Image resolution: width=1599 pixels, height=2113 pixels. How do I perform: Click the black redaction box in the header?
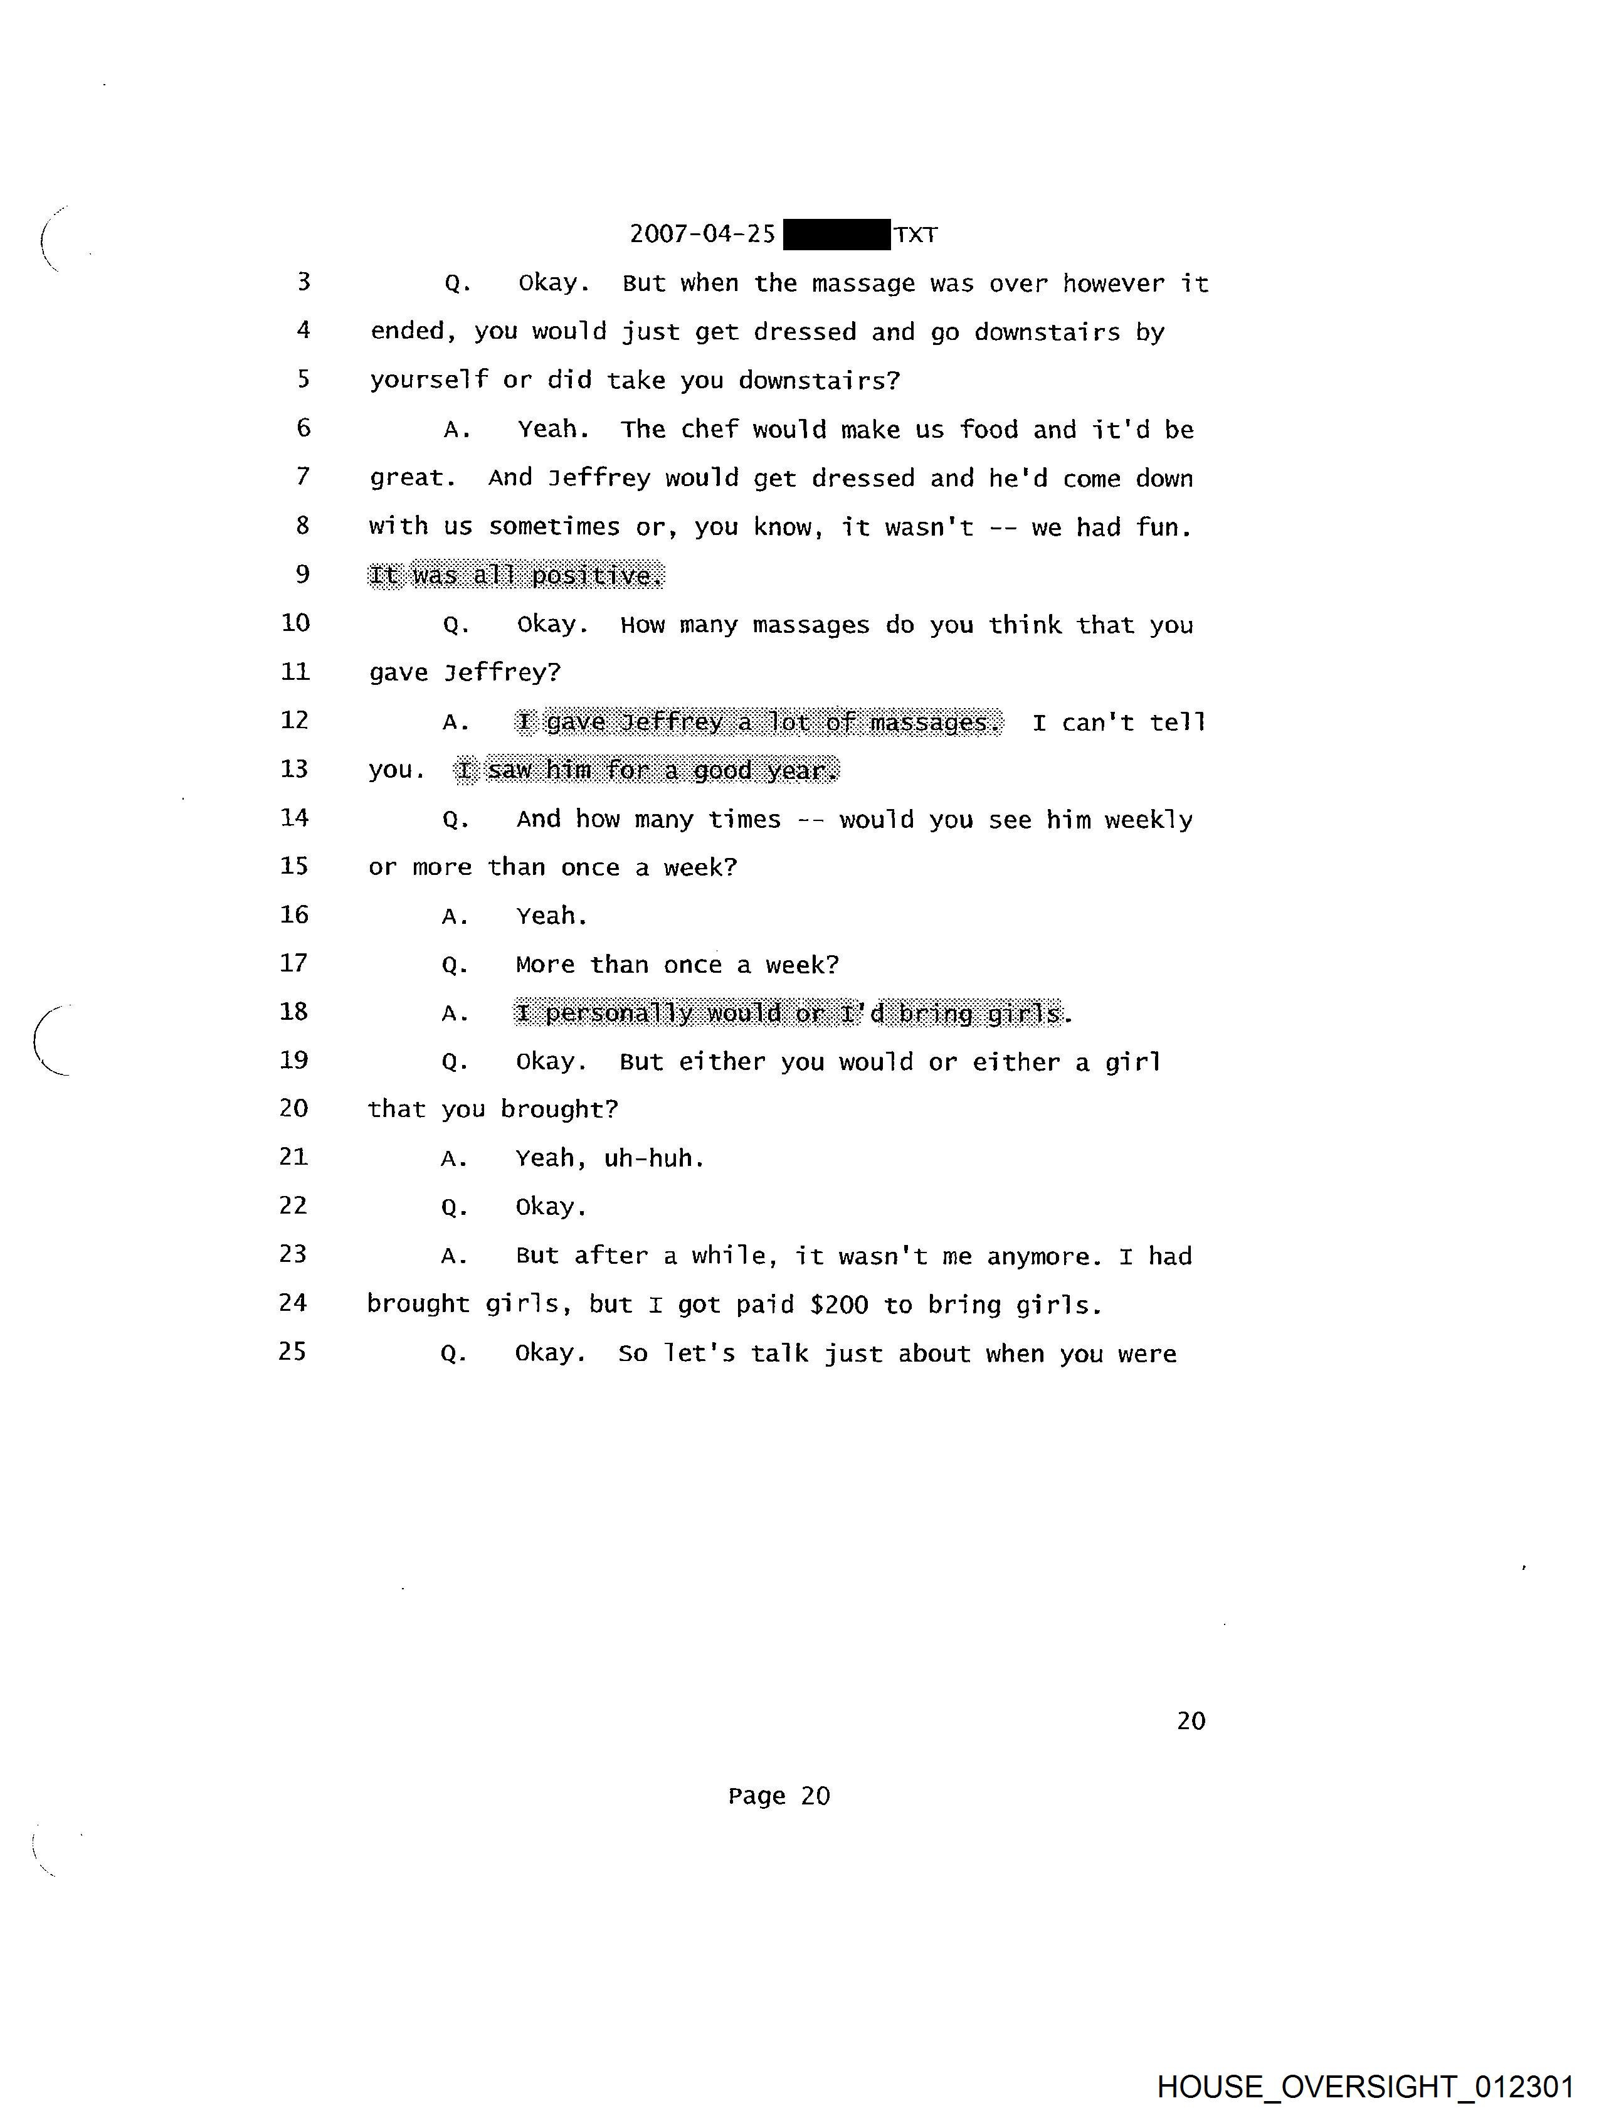pyautogui.click(x=836, y=234)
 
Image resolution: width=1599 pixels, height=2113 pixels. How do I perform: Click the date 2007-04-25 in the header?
pyautogui.click(x=702, y=234)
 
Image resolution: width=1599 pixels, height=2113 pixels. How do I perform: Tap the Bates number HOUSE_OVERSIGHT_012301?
pyautogui.click(x=1365, y=2086)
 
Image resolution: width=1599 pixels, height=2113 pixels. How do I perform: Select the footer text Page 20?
pyautogui.click(x=778, y=1796)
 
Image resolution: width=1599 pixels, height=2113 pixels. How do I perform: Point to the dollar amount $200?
pyautogui.click(x=838, y=1305)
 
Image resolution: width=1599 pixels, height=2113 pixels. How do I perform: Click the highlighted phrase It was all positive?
pyautogui.click(x=516, y=575)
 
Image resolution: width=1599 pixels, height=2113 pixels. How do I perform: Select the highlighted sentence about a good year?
pyautogui.click(x=646, y=770)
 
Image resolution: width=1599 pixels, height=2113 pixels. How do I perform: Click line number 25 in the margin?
pyautogui.click(x=292, y=1352)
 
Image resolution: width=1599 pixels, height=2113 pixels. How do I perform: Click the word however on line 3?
pyautogui.click(x=1113, y=283)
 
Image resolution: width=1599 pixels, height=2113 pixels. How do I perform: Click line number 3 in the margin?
pyautogui.click(x=303, y=282)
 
